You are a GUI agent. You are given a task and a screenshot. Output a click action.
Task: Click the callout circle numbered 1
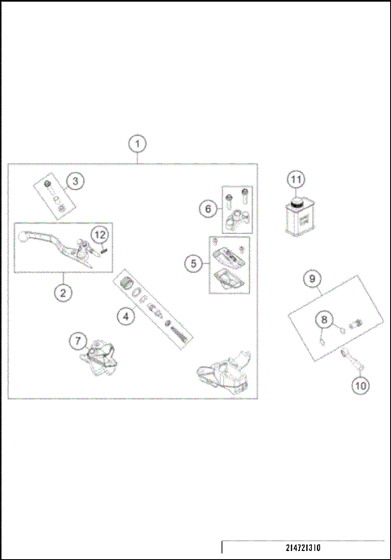point(138,143)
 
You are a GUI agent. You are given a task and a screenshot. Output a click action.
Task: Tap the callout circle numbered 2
point(61,290)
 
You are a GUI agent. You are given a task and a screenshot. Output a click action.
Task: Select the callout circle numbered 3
point(74,181)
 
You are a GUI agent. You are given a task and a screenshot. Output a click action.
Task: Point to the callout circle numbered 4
point(125,315)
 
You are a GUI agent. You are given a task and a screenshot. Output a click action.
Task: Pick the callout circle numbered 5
point(192,263)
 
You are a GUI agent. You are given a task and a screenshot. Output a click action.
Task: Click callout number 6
point(208,209)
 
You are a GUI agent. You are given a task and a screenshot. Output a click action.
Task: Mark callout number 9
point(311,278)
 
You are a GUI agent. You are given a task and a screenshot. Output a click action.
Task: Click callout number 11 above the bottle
point(296,180)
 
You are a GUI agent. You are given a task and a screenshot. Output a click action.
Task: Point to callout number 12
point(99,235)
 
